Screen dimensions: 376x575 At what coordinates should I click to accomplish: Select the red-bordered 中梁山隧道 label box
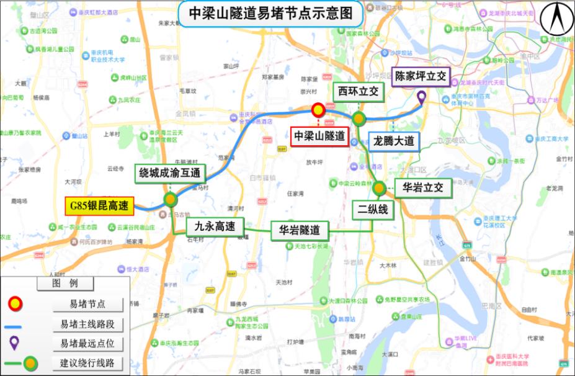(320, 136)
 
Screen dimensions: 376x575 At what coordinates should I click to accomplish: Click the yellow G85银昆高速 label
(98, 207)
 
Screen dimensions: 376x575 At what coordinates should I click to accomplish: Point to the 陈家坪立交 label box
(421, 76)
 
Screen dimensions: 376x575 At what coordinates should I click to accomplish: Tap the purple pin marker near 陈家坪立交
(421, 97)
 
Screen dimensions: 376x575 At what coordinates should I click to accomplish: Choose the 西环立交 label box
(358, 92)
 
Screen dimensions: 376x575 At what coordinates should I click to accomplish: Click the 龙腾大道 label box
(394, 141)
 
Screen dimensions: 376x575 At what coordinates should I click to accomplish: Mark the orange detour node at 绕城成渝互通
(171, 200)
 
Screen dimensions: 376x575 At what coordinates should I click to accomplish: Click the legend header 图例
(65, 284)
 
